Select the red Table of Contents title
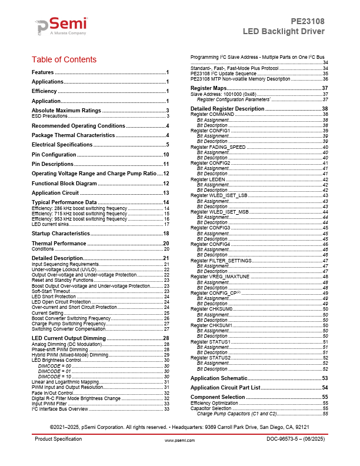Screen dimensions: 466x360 [64, 59]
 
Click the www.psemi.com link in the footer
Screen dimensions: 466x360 [179, 456]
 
